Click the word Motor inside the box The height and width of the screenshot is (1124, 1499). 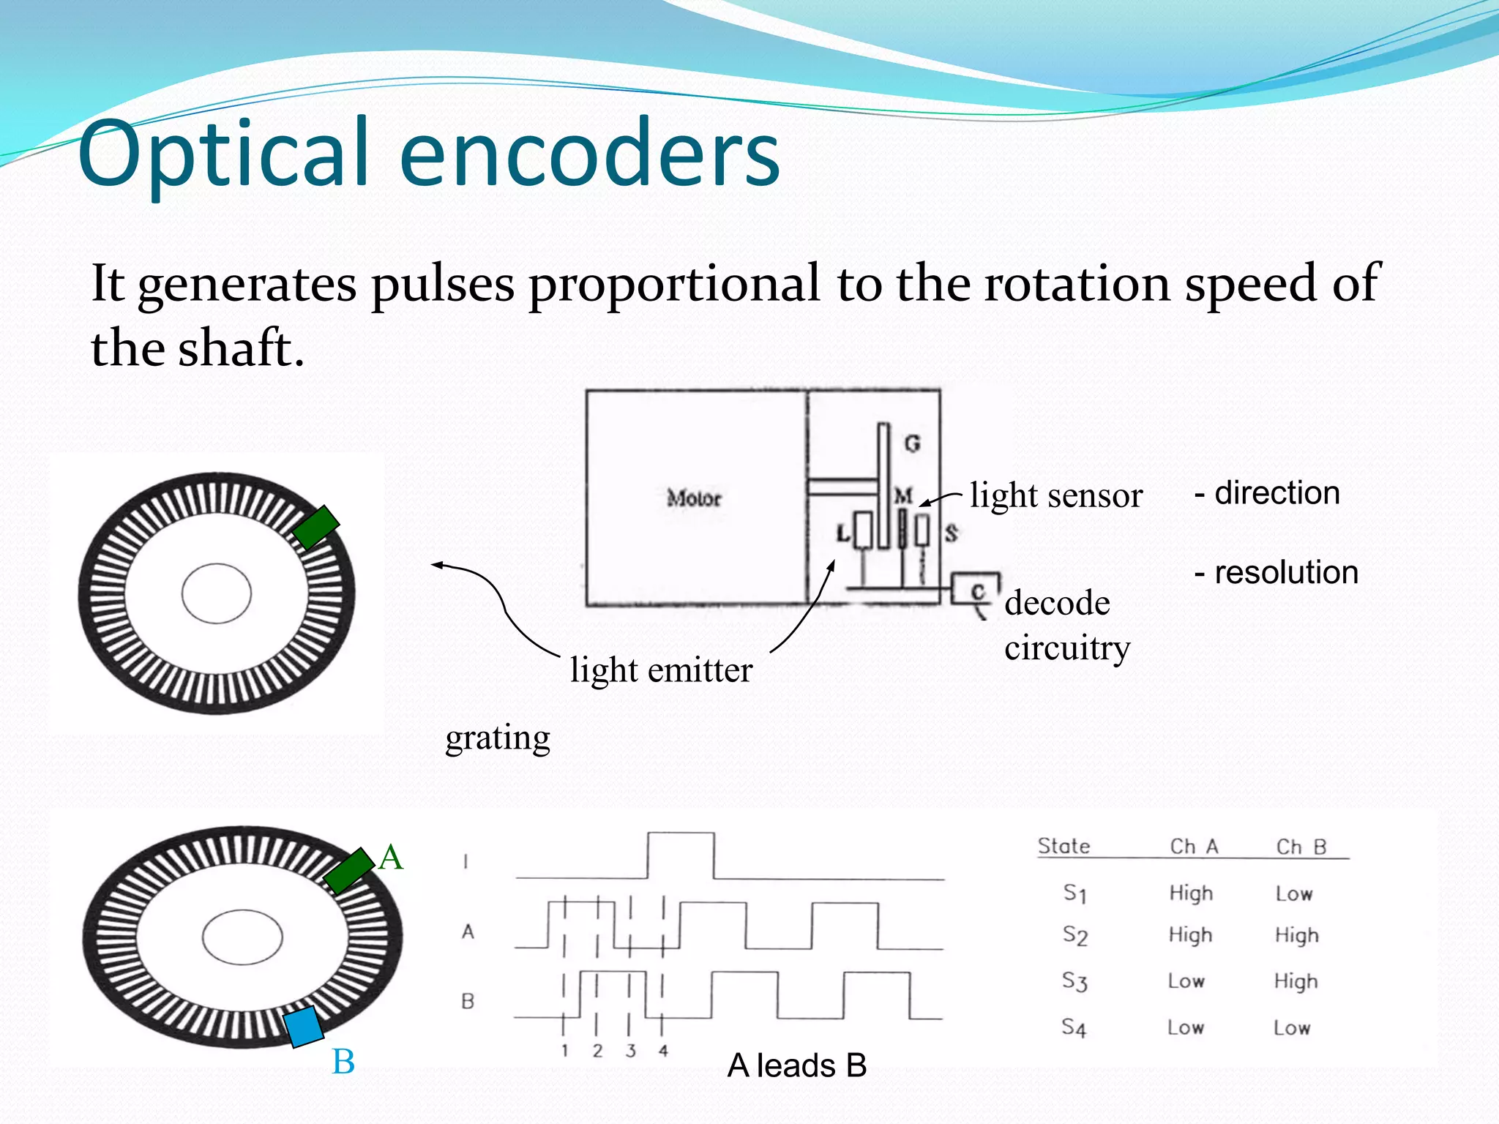tap(694, 498)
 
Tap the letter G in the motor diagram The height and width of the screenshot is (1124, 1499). tap(912, 443)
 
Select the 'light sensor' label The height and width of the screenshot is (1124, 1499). tap(1055, 496)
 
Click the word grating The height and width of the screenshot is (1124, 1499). tap(498, 738)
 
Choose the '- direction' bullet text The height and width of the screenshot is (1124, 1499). tap(1267, 493)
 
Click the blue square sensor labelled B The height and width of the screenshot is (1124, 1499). tap(303, 1026)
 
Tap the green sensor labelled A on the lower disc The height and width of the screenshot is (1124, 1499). tap(348, 870)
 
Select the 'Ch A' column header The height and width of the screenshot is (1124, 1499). tap(1194, 847)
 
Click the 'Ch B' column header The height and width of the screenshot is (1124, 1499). tap(1301, 847)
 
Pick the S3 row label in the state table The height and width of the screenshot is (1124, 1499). tap(1074, 981)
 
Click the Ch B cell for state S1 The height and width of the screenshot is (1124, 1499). tap(1293, 893)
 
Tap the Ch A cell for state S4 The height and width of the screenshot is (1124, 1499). tap(1186, 1027)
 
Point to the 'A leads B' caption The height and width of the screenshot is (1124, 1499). tap(796, 1065)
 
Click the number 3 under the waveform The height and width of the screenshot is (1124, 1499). tap(630, 1051)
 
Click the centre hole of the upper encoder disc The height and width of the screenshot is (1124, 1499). tap(217, 593)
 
